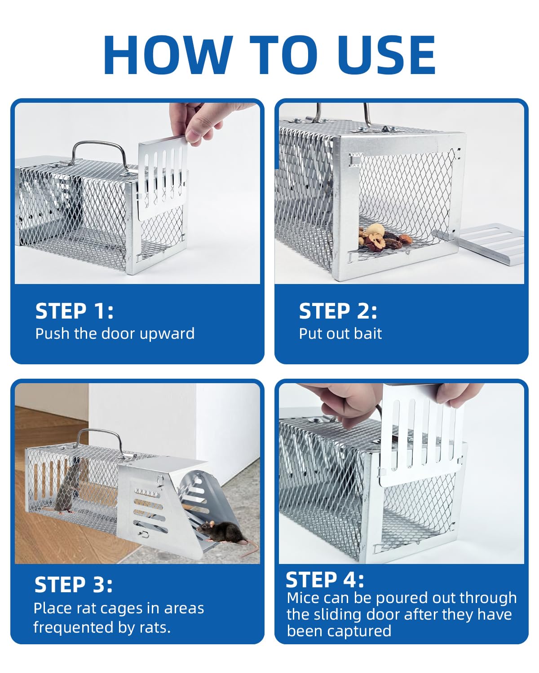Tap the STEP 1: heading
(74, 311)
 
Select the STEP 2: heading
(338, 311)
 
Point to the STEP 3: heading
(73, 585)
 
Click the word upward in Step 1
(167, 334)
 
